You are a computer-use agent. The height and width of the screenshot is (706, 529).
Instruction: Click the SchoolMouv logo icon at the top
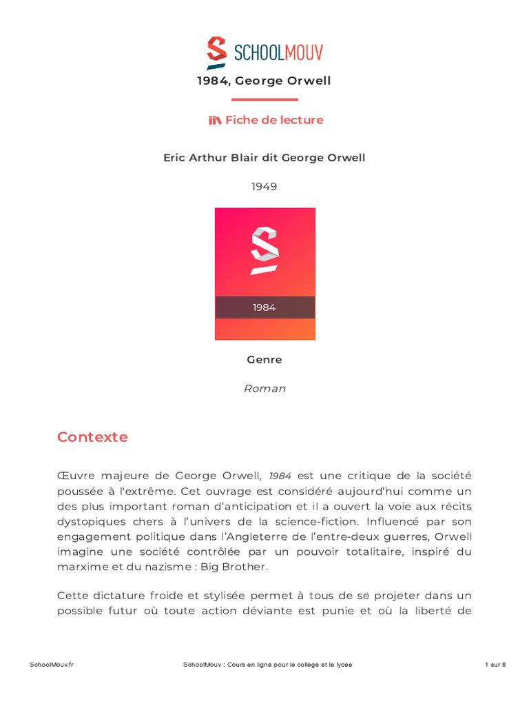217,52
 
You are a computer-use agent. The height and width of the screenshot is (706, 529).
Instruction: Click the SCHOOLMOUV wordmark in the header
278,52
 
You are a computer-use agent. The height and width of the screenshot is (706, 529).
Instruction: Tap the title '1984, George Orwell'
264,81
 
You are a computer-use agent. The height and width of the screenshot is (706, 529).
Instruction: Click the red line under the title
264,99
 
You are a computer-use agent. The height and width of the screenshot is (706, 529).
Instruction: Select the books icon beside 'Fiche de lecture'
215,120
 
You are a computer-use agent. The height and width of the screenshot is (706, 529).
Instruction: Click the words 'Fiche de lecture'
274,120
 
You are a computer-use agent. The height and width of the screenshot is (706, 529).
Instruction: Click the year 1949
264,186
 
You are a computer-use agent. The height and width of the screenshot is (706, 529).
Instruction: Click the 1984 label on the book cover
264,307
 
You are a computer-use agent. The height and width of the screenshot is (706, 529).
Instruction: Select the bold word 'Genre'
264,359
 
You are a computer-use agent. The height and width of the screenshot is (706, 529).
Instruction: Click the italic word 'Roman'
264,388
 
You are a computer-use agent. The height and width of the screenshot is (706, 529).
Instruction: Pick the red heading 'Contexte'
92,436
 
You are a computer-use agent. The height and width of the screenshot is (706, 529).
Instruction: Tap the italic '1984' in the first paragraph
280,476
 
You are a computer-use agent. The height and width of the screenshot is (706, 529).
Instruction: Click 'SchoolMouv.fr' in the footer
52,664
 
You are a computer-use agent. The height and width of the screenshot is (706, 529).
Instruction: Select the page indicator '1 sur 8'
495,664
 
